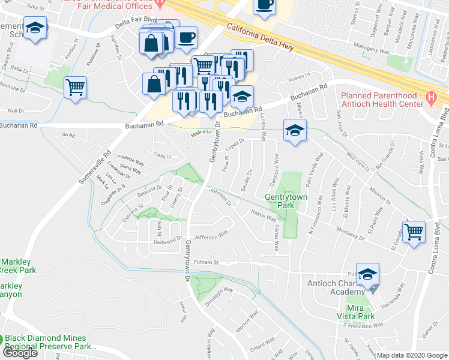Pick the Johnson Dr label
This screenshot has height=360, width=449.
tap(220, 197)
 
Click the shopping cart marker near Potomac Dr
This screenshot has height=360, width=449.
tap(76, 88)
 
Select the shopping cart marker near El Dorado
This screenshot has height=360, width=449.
tap(414, 232)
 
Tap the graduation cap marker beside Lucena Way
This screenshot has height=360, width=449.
tap(295, 131)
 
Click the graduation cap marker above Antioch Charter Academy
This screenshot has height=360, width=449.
tap(367, 275)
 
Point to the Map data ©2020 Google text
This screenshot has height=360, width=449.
tap(412, 355)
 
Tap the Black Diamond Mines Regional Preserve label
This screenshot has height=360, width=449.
tap(50, 343)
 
